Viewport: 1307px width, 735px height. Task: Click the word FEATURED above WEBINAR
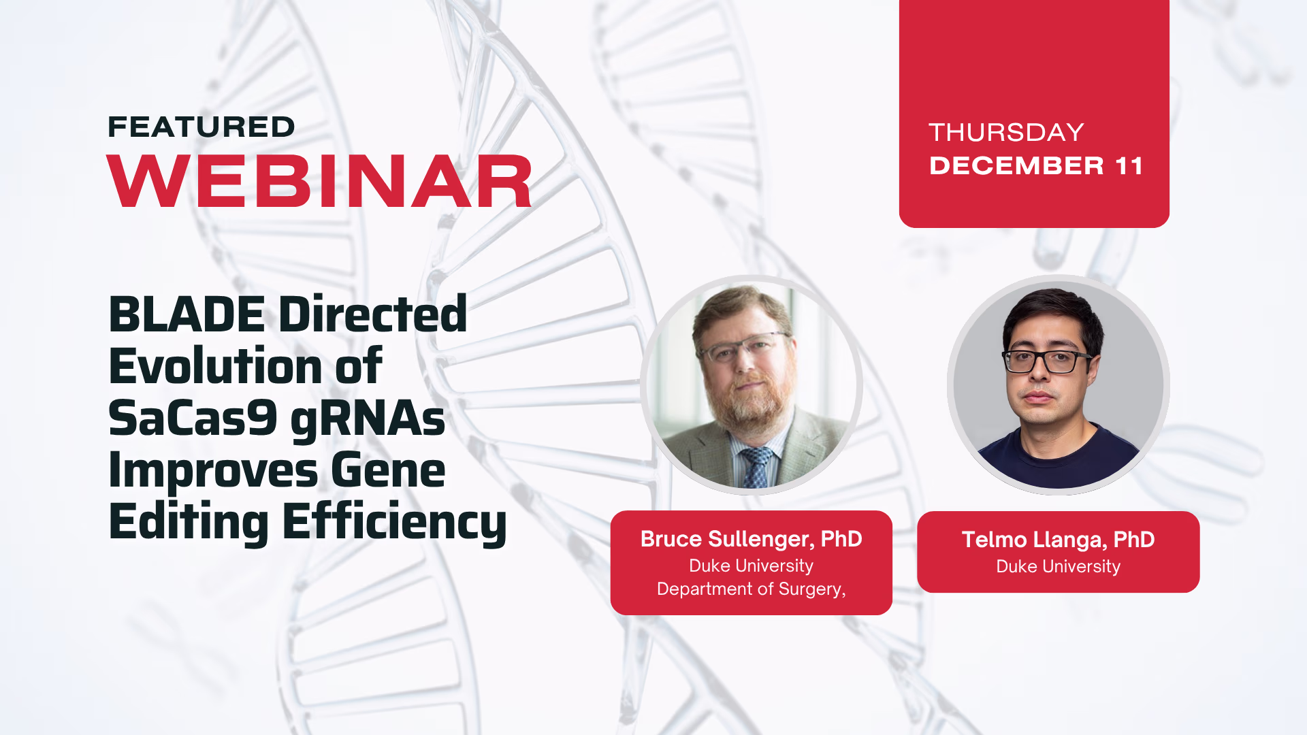click(x=201, y=127)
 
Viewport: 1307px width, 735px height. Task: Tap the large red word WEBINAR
click(x=319, y=181)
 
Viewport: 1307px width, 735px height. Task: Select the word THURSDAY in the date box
click(x=1006, y=132)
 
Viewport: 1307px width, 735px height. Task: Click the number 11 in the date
click(x=1129, y=166)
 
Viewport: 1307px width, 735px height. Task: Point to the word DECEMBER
click(x=1016, y=166)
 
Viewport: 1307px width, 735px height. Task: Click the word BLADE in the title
click(x=187, y=314)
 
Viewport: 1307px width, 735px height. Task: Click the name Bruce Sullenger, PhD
click(x=752, y=539)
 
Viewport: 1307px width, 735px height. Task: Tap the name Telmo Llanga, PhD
click(x=1058, y=540)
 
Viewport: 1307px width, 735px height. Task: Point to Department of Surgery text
click(x=751, y=589)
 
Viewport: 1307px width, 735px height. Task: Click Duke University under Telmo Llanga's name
click(x=1058, y=566)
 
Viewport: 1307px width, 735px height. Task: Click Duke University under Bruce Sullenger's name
click(x=751, y=566)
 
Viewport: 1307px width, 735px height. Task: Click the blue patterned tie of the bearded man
click(x=756, y=468)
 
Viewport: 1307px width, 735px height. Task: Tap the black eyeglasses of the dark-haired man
click(x=1046, y=361)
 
